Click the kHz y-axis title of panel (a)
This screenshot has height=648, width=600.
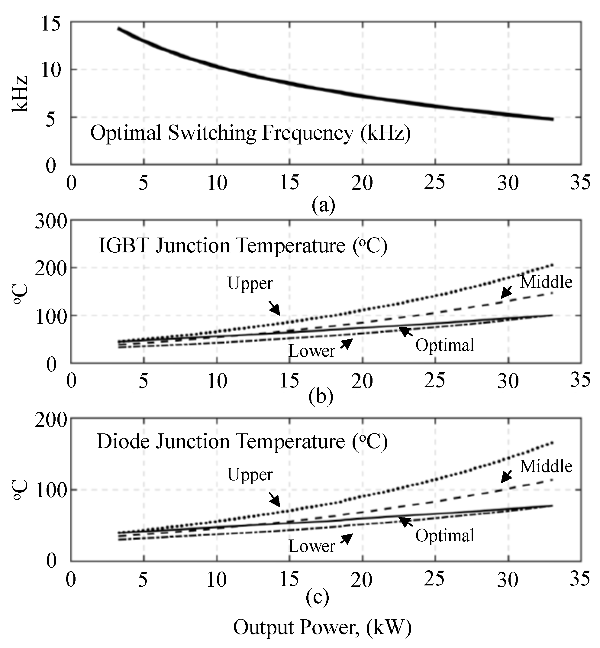pyautogui.click(x=20, y=94)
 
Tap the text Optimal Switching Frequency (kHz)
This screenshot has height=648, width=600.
pyautogui.click(x=250, y=133)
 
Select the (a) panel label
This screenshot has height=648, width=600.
pyautogui.click(x=323, y=205)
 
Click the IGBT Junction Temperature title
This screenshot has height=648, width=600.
pyautogui.click(x=243, y=245)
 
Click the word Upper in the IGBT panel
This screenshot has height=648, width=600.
pyautogui.click(x=250, y=283)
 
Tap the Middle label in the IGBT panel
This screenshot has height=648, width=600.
pyautogui.click(x=546, y=282)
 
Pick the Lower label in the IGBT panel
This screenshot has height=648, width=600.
pyautogui.click(x=312, y=351)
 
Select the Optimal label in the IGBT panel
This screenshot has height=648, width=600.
pyautogui.click(x=445, y=345)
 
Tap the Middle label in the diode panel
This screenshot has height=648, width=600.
pyautogui.click(x=546, y=466)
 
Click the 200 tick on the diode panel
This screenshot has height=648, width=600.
pyautogui.click(x=51, y=420)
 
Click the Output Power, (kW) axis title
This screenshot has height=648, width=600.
pyautogui.click(x=322, y=627)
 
